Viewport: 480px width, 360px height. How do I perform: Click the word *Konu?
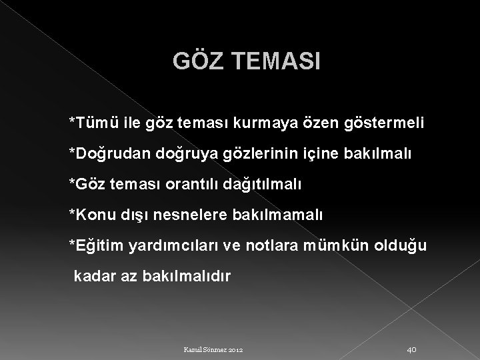(x=93, y=214)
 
